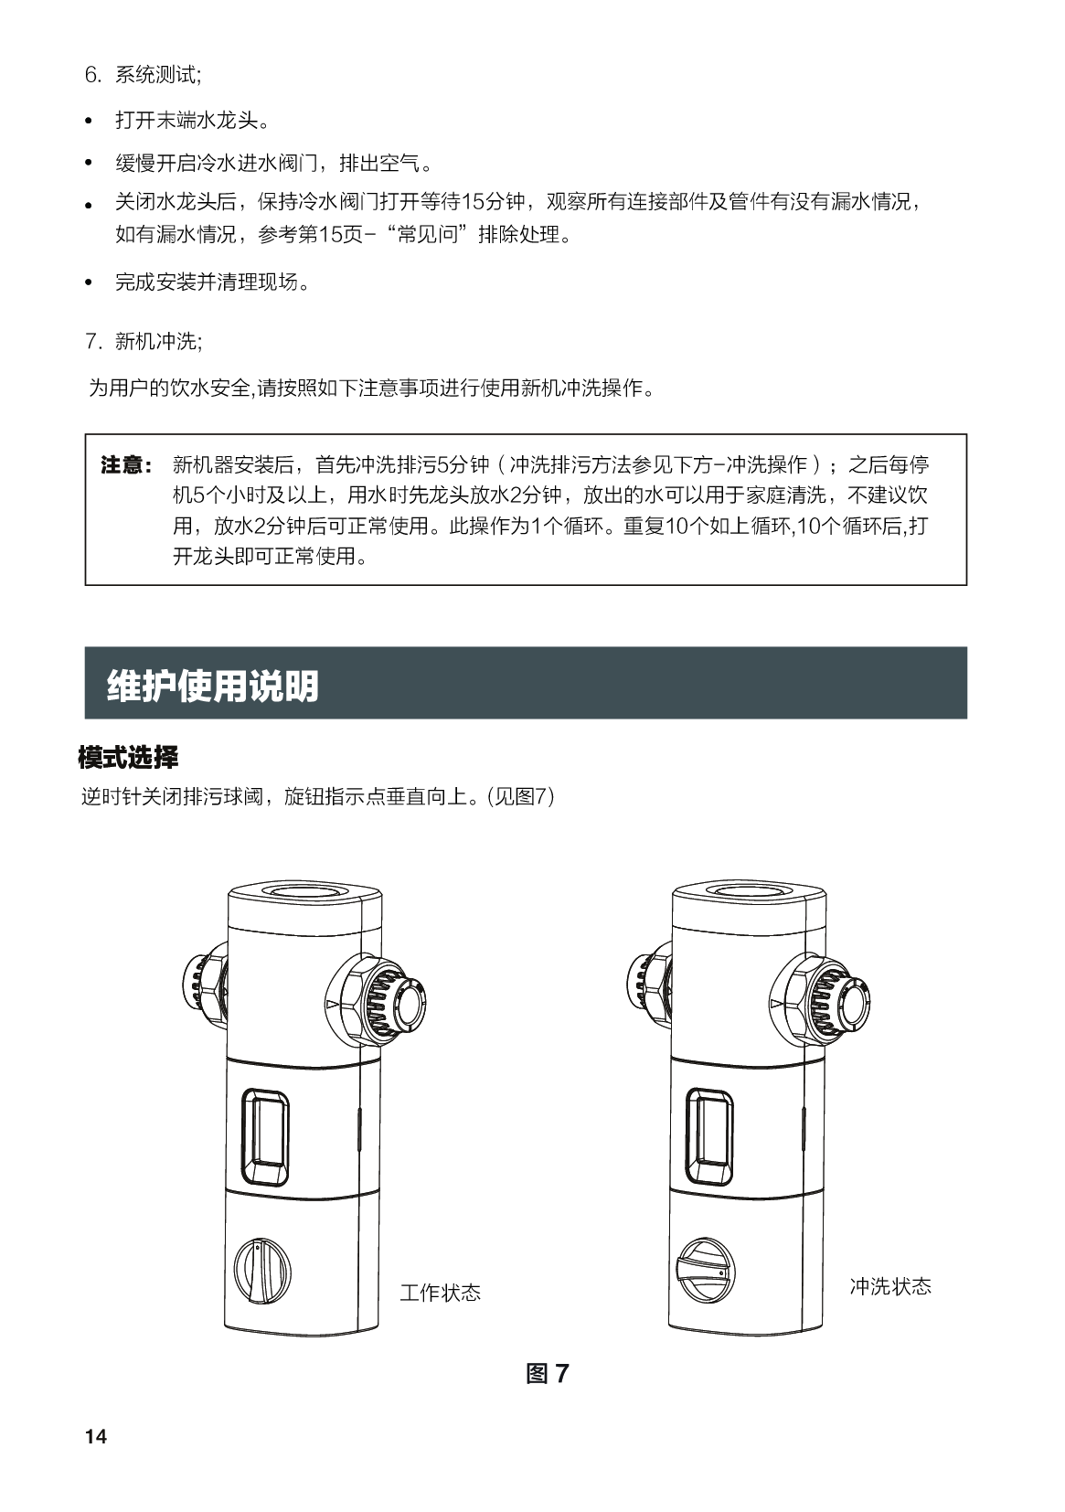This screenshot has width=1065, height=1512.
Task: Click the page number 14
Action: (96, 1436)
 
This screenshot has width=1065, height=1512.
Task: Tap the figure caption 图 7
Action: (548, 1372)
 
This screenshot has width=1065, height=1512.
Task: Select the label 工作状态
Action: (440, 1292)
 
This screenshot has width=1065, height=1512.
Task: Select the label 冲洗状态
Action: (890, 1286)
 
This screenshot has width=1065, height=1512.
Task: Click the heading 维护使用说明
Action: (213, 686)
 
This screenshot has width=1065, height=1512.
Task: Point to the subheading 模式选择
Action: (128, 757)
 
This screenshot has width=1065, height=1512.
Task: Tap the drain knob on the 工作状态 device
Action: (261, 1271)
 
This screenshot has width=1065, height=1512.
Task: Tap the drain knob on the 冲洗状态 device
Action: (705, 1270)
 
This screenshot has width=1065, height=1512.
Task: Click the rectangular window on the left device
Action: (265, 1136)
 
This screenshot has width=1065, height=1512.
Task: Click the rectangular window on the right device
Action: (709, 1136)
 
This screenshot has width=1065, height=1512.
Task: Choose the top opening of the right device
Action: (749, 890)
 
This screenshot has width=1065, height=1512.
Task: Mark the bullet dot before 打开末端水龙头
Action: (89, 122)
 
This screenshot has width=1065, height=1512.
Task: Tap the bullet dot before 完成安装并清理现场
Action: (89, 282)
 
